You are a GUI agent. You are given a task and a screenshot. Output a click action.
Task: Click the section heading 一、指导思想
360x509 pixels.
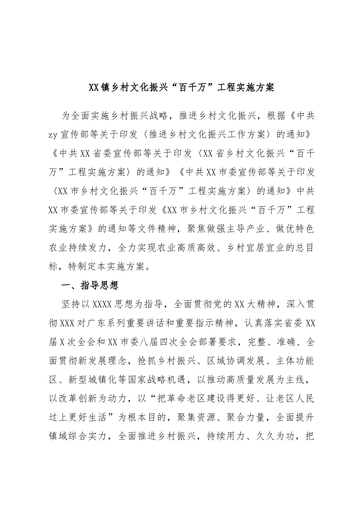point(90,285)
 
